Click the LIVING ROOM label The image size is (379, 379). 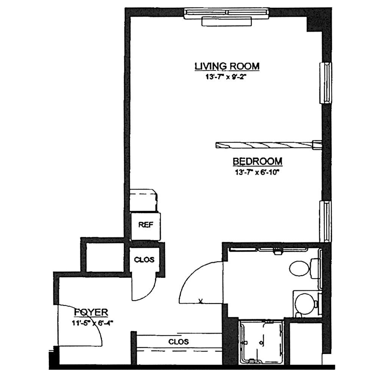tap(227, 66)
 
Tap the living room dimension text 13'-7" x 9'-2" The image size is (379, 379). tap(227, 77)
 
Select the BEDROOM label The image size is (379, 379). tap(257, 161)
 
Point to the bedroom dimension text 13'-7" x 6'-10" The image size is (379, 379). tap(257, 172)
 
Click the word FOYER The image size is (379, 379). tap(91, 312)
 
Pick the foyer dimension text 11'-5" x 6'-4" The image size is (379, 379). tap(92, 323)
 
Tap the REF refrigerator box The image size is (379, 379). tap(146, 227)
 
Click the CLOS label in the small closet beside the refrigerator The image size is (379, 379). tap(144, 260)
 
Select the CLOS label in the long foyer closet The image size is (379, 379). tap(179, 342)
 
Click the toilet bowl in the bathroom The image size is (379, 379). tap(299, 268)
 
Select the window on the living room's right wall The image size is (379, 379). tap(325, 83)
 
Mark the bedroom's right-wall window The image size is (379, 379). tap(325, 221)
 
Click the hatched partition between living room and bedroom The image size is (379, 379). tap(268, 145)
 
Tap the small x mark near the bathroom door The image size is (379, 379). tap(200, 301)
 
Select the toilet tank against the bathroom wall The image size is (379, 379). tap(314, 268)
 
